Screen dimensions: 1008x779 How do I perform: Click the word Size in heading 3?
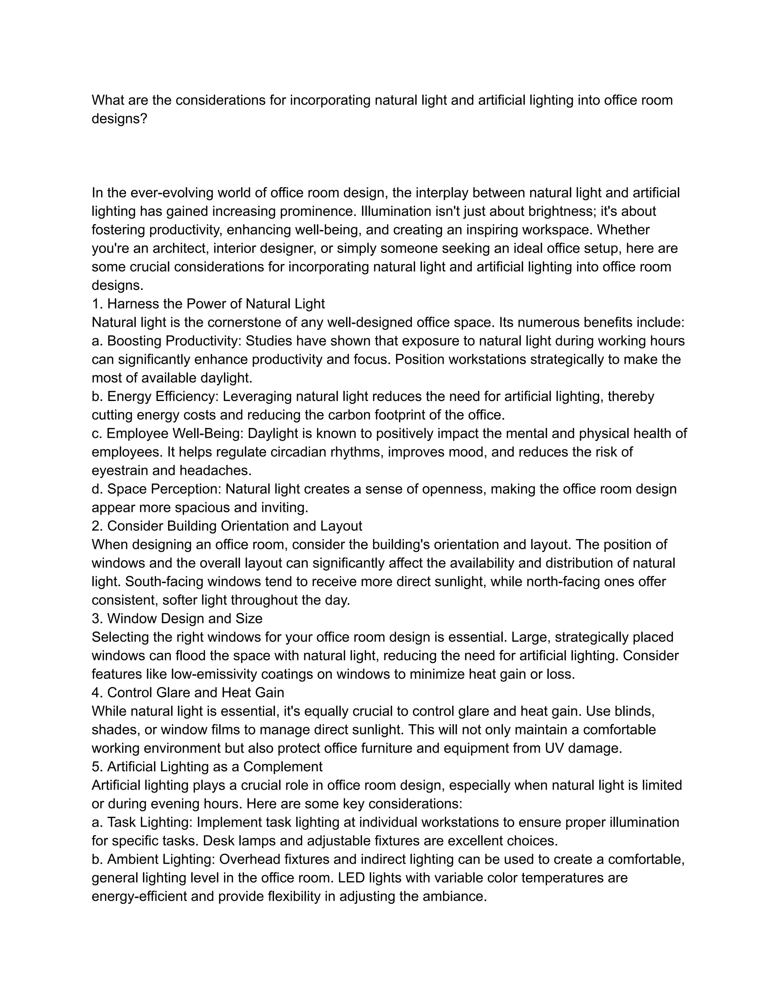tap(249, 618)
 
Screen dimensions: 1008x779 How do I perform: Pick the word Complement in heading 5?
tap(283, 766)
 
